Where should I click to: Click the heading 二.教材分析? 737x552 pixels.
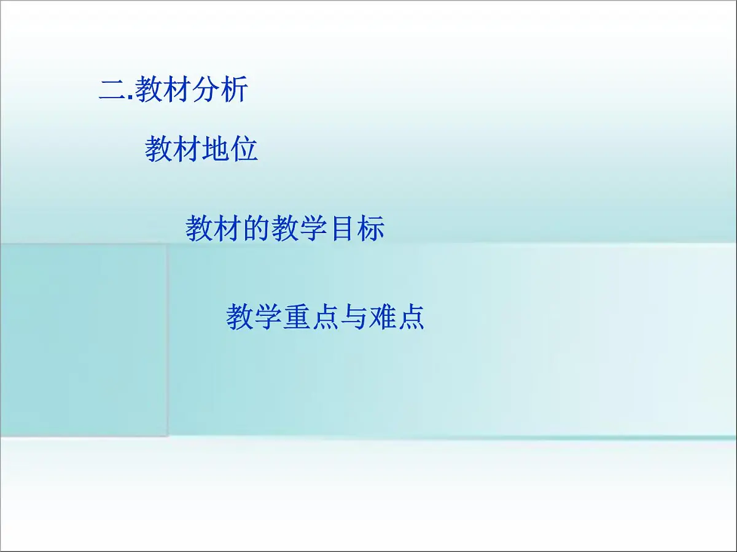pos(173,90)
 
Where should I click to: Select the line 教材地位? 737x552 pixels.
pos(201,150)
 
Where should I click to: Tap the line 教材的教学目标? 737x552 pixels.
pos(285,229)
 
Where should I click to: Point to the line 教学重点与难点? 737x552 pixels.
pos(325,317)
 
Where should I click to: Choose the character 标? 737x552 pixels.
pos(371,229)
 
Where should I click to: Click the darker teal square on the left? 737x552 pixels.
pos(84,340)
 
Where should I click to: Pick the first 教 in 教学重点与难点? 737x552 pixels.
pos(240,317)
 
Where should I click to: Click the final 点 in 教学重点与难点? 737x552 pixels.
pos(411,317)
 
